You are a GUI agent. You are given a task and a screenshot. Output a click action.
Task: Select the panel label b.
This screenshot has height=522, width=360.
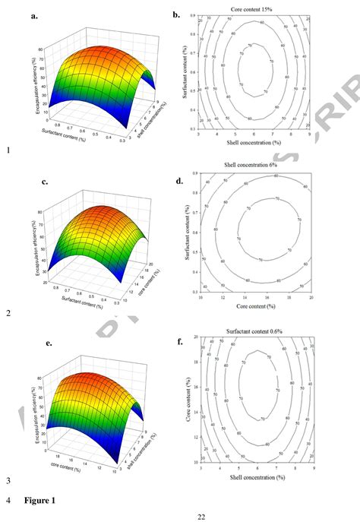tap(176, 14)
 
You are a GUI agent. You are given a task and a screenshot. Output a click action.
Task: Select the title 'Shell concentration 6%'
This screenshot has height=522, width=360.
tap(252, 165)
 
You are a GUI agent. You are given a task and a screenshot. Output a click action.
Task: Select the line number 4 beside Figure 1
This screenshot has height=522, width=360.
tap(7, 501)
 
